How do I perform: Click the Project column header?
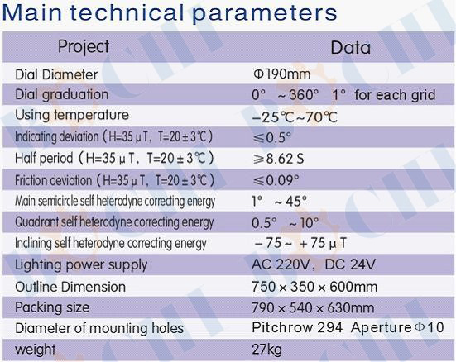point(84,47)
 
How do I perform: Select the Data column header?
point(351,48)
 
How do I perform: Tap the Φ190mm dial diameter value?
point(282,74)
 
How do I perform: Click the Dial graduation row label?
point(62,95)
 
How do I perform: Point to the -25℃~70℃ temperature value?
point(295,117)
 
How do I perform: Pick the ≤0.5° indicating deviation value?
point(272,137)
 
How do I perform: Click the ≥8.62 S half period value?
point(278,159)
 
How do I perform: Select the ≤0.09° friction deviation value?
point(276,180)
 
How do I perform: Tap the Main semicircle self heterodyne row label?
point(115,201)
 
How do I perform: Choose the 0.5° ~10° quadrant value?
point(286,222)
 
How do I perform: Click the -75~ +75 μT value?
point(300,243)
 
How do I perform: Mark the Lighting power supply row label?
point(81,265)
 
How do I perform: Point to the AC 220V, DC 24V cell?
point(314,264)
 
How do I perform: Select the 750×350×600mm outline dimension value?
point(314,287)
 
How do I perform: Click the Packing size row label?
point(52,308)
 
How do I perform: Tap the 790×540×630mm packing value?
point(313,308)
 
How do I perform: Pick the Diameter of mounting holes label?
point(99,328)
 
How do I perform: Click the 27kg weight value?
point(267,350)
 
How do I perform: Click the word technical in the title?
point(127,12)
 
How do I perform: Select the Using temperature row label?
point(72,115)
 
